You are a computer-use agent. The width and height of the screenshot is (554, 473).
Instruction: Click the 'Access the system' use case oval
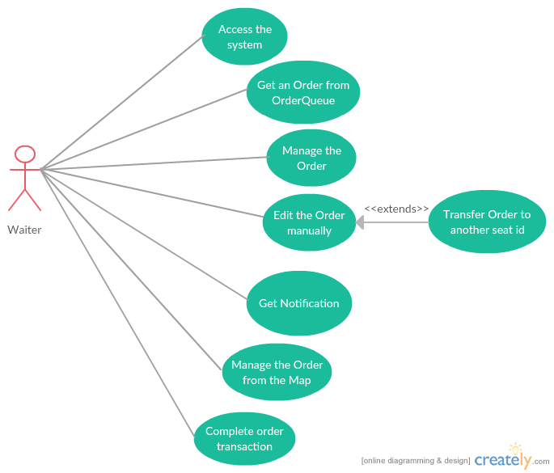244,37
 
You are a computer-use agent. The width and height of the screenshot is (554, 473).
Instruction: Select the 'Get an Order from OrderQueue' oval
302,93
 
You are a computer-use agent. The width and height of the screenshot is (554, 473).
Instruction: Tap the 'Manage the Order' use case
311,158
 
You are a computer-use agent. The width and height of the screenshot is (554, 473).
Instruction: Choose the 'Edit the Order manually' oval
309,222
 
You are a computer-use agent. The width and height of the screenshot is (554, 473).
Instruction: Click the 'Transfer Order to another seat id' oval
487,222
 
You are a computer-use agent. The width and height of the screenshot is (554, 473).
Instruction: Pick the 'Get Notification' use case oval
298,303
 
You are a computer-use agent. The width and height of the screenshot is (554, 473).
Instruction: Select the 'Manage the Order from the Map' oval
277,372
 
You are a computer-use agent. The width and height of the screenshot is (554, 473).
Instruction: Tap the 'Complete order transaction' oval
244,439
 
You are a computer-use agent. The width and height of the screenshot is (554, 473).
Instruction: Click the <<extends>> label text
396,209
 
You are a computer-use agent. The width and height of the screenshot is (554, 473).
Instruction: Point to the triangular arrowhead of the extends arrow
361,222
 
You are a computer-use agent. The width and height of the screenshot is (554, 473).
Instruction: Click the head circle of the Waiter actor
25,154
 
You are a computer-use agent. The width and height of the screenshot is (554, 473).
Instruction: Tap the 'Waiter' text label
24,230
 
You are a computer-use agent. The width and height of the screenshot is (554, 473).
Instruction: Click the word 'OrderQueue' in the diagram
302,100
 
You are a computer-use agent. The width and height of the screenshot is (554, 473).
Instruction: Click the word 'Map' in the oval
299,380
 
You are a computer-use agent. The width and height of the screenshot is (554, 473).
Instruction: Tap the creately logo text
501,460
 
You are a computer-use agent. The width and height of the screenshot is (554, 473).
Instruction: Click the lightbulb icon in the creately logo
516,450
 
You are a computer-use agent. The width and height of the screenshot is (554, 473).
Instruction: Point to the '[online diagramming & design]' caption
415,461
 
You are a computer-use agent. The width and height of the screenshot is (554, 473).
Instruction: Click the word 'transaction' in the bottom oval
244,446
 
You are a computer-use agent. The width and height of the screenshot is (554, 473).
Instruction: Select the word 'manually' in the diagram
309,230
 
